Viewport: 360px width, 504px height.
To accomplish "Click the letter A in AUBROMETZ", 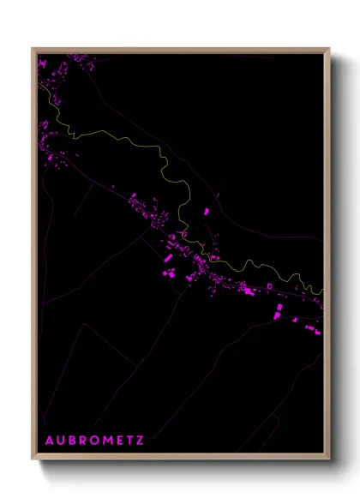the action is tap(49, 441).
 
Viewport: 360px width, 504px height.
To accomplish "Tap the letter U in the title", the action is tap(61, 441).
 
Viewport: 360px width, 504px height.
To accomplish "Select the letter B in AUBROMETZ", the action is tap(73, 441).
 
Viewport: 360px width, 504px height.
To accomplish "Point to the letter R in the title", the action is tap(84, 441).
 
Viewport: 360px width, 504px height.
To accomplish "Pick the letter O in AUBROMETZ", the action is tap(96, 441).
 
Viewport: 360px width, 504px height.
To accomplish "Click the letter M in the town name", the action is tap(109, 441).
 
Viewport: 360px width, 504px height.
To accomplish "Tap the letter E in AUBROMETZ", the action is tap(120, 441).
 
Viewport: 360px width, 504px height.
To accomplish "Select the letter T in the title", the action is tap(130, 441).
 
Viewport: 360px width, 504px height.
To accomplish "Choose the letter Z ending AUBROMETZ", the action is tap(140, 441).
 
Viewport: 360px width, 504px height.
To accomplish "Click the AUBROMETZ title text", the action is tap(94, 441).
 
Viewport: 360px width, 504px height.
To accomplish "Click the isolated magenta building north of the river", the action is tap(206, 210).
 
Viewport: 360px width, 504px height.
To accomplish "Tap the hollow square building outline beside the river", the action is tap(269, 285).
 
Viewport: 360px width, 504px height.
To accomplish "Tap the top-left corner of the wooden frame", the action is tap(33, 49).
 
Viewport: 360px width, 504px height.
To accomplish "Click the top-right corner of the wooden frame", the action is tap(329, 49).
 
